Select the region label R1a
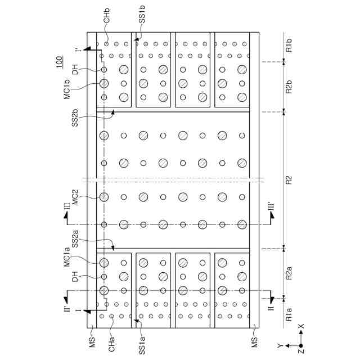(289, 313)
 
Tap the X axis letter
(301, 326)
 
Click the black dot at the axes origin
(301, 345)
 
